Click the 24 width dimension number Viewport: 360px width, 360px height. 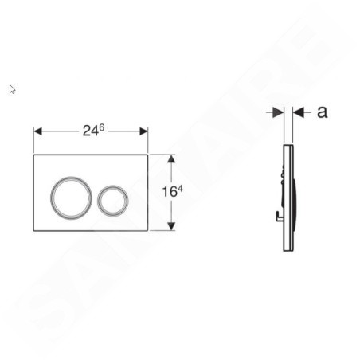91,131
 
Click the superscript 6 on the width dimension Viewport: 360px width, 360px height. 102,127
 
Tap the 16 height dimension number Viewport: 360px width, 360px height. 170,192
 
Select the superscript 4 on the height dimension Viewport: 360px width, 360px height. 180,189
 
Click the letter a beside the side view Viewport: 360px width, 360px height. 323,112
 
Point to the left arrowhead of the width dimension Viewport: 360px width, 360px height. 37,131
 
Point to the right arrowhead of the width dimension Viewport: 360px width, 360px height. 143,131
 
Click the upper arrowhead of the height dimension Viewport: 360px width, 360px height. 171,158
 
